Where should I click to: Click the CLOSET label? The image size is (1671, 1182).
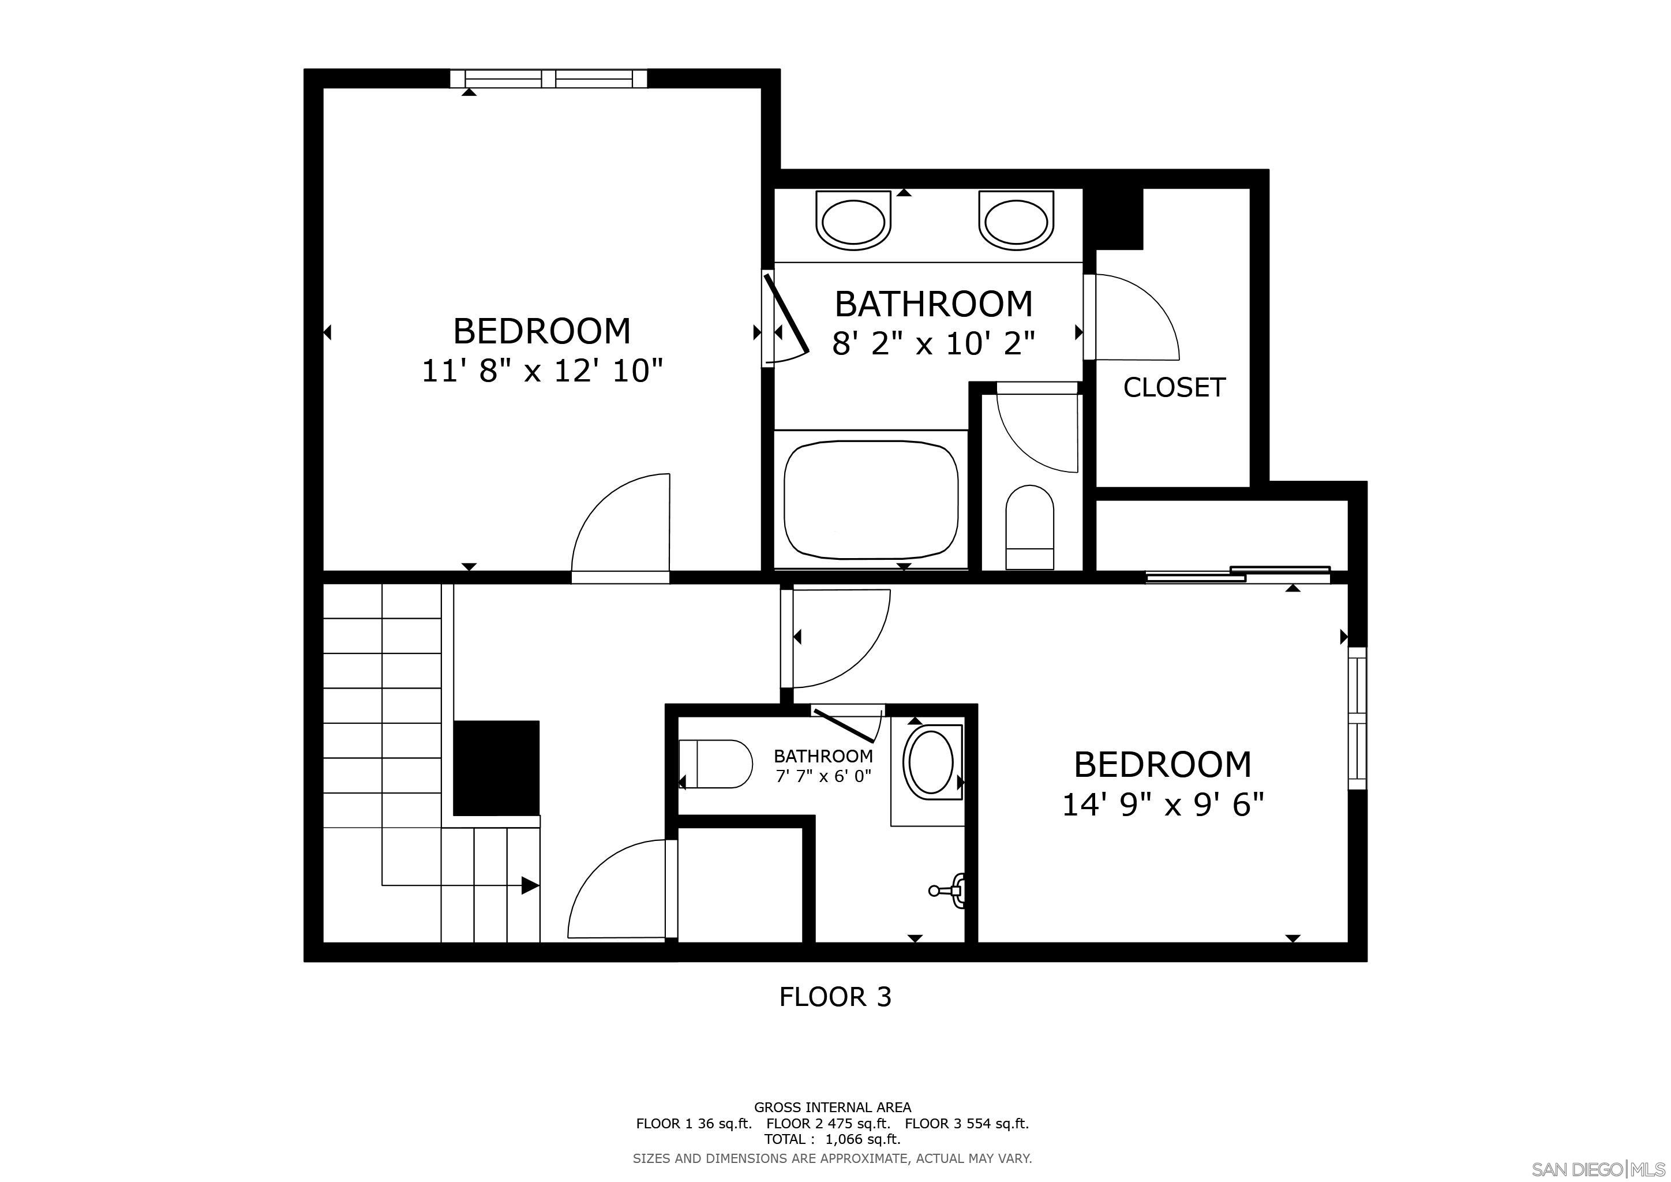tap(1174, 387)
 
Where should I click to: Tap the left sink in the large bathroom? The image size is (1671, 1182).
tap(853, 219)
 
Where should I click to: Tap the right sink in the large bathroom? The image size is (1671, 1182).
tap(1016, 219)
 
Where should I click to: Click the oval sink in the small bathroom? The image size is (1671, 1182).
tap(931, 763)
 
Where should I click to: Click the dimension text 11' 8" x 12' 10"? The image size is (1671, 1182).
tap(542, 371)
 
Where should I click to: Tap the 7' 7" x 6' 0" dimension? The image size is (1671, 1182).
tap(823, 777)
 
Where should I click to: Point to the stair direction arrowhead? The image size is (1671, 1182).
tap(531, 886)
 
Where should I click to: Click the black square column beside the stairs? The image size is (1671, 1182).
tap(496, 768)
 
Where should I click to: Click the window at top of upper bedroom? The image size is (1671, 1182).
tap(548, 78)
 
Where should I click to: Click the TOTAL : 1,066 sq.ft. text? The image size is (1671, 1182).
tap(832, 1139)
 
